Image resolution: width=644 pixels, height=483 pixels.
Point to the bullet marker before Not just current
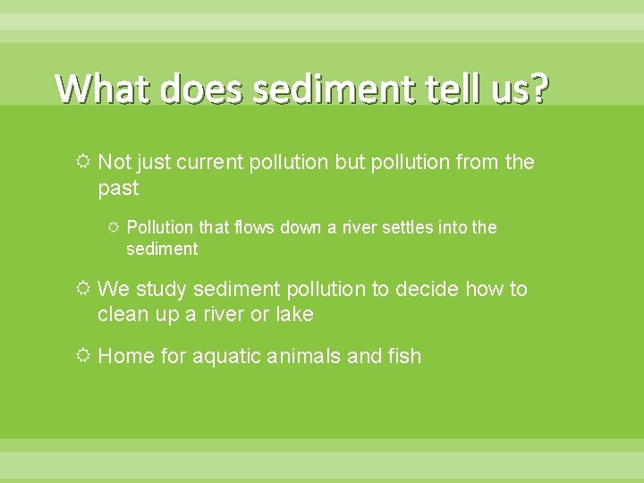coord(83,163)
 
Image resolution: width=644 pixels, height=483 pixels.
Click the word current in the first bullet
coord(209,163)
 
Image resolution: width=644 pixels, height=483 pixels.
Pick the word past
coord(118,189)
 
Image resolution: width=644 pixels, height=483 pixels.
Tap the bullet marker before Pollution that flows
coord(114,228)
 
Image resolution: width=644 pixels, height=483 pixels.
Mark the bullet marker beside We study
coord(83,290)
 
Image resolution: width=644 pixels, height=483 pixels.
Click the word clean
coord(123,315)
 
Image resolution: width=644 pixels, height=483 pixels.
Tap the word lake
coord(294,315)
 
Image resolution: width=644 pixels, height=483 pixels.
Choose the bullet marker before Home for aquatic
coord(83,357)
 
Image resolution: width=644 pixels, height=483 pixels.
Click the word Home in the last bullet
coord(125,357)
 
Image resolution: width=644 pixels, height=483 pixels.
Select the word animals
coord(310,357)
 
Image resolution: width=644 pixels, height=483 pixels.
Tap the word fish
coord(403,357)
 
